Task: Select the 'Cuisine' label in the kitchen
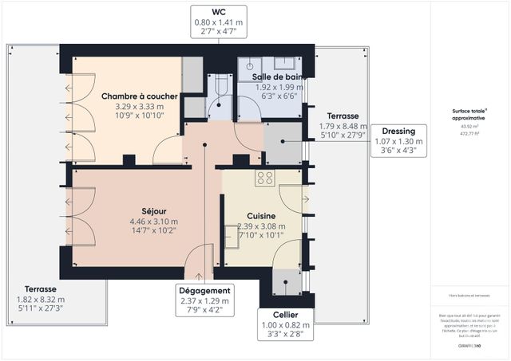pyautogui.click(x=261, y=216)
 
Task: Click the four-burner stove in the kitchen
pyautogui.click(x=265, y=179)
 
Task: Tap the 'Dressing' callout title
pyautogui.click(x=397, y=131)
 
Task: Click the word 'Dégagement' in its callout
pyautogui.click(x=205, y=291)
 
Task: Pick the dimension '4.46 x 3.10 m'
pyautogui.click(x=154, y=222)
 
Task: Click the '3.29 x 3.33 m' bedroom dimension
pyautogui.click(x=139, y=106)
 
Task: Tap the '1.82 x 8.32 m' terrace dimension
pyautogui.click(x=40, y=298)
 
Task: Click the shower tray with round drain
pyautogui.click(x=251, y=68)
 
